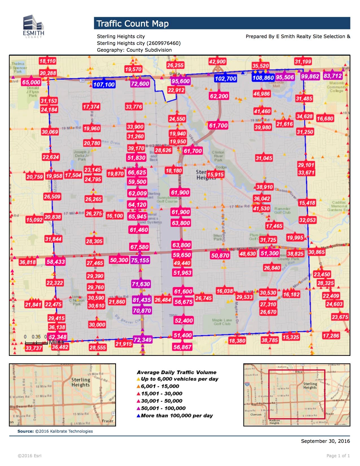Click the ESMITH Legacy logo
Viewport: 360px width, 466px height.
click(x=34, y=27)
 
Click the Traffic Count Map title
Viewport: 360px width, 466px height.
click(x=132, y=23)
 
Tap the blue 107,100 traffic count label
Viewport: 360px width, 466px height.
click(x=104, y=84)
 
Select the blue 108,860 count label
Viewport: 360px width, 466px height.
click(x=263, y=78)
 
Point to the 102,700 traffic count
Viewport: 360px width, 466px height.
click(x=225, y=79)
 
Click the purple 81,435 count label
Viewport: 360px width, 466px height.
click(x=142, y=300)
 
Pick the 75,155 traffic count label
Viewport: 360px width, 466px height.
click(x=140, y=260)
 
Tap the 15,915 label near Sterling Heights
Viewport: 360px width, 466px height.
click(x=215, y=175)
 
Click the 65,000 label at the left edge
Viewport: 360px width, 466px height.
click(x=31, y=82)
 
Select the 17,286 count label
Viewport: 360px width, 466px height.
click(x=331, y=336)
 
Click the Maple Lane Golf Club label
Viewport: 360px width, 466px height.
click(x=222, y=322)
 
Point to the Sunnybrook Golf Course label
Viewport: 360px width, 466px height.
click(x=167, y=199)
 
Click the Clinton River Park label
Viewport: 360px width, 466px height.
click(x=218, y=156)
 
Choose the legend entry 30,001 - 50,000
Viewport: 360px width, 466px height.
click(x=162, y=401)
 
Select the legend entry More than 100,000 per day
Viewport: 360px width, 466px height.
click(x=176, y=416)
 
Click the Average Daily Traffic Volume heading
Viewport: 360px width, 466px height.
click(x=176, y=372)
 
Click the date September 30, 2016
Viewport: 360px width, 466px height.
click(x=325, y=441)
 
